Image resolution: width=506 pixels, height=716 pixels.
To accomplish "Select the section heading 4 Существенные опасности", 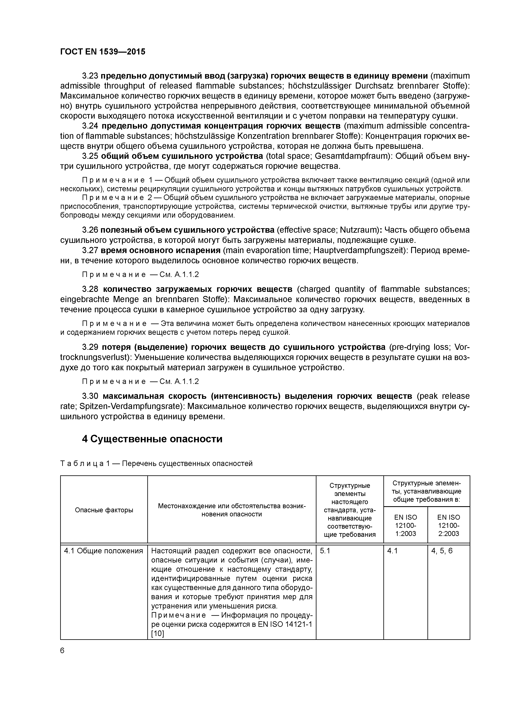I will (x=152, y=439).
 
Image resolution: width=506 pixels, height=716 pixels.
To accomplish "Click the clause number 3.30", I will (x=90, y=396).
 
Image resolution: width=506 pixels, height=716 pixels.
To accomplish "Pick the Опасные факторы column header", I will (x=104, y=510).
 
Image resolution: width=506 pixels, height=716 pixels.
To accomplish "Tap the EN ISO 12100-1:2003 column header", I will (x=405, y=525).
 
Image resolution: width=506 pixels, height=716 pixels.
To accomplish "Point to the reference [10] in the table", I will (x=158, y=634).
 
